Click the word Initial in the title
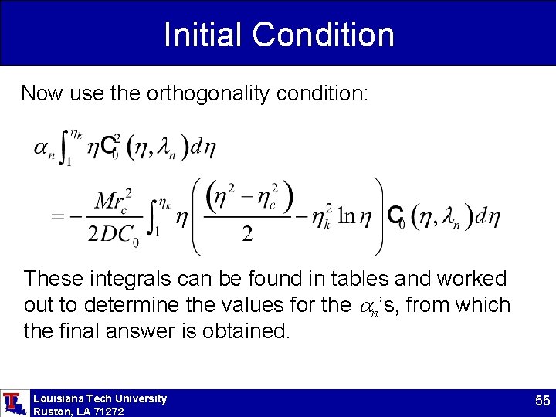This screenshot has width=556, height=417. [202, 35]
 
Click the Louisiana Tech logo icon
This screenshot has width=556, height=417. [13, 403]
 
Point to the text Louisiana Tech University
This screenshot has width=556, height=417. [100, 398]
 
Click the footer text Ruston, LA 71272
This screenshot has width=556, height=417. [78, 412]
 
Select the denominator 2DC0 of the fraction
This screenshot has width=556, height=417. [113, 236]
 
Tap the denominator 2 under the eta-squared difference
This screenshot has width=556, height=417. [246, 235]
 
